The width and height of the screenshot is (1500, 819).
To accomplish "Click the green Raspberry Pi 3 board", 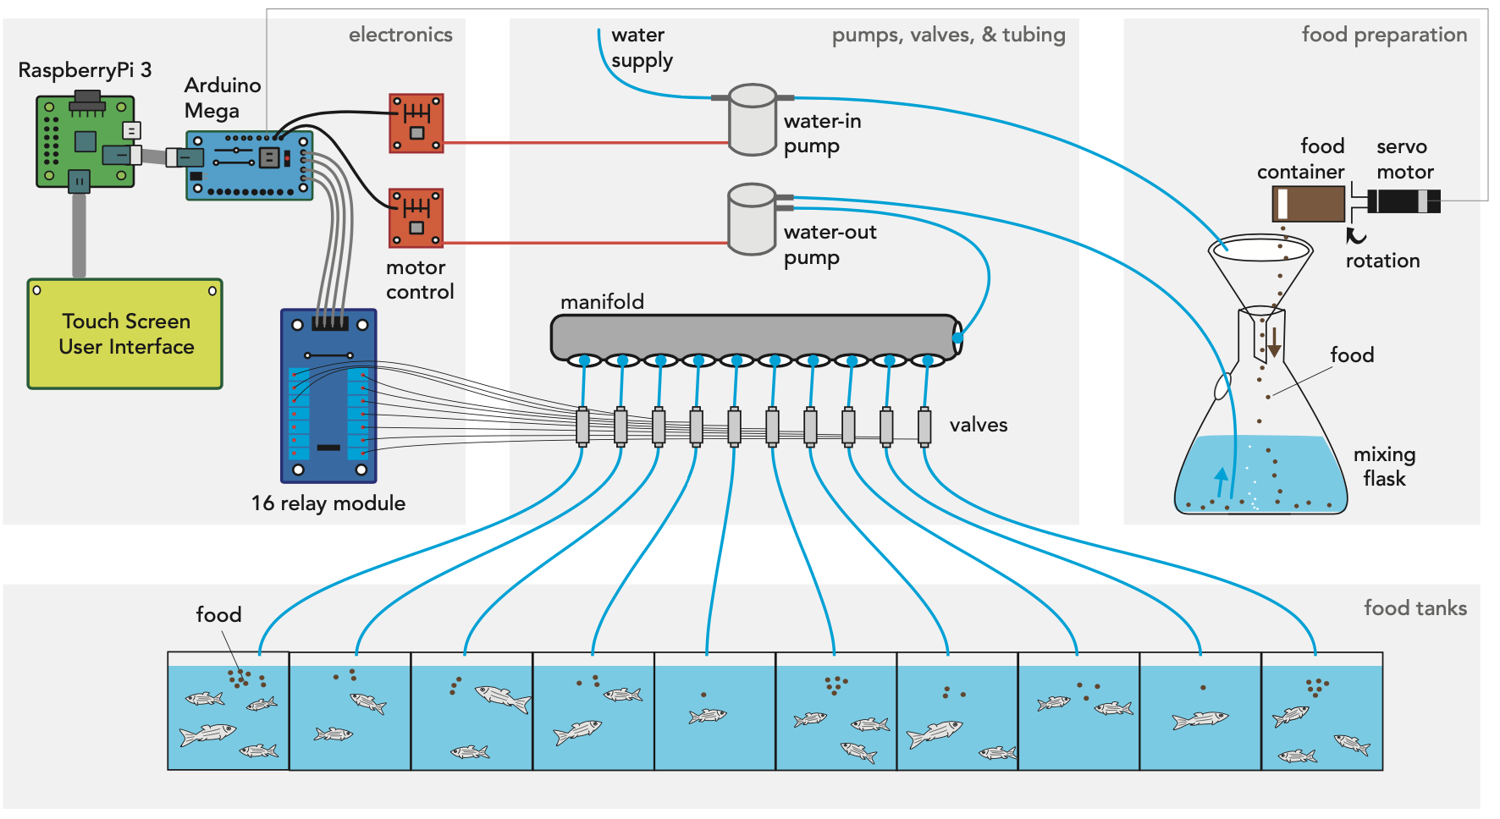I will point(85,141).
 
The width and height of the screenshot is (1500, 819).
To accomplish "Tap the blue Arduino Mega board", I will point(249,165).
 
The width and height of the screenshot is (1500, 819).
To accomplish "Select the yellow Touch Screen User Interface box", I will point(125,334).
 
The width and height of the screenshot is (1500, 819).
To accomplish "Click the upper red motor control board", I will point(416,124).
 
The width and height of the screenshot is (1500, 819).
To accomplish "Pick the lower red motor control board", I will point(416,217).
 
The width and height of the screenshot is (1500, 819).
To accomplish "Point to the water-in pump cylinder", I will point(753,120).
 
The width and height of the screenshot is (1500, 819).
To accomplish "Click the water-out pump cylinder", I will point(752,220).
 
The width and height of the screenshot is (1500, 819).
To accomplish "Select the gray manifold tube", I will point(753,336).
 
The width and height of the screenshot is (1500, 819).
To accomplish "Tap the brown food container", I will point(1309,204).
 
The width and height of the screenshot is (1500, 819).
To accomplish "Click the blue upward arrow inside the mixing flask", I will point(1221,481).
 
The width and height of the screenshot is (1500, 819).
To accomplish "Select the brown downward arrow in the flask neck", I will point(1273,342).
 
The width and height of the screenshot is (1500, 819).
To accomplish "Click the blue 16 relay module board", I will point(328,396).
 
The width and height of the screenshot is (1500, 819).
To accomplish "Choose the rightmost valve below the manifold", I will point(924,426).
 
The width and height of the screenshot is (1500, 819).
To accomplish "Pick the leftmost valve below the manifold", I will point(582,426).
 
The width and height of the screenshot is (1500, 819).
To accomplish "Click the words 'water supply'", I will point(641,47).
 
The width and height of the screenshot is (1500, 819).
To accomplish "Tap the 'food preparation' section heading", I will point(1384,35).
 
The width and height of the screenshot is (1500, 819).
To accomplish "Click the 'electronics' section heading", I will point(400,35).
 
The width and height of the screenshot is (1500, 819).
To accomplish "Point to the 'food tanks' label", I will point(1415,607).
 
